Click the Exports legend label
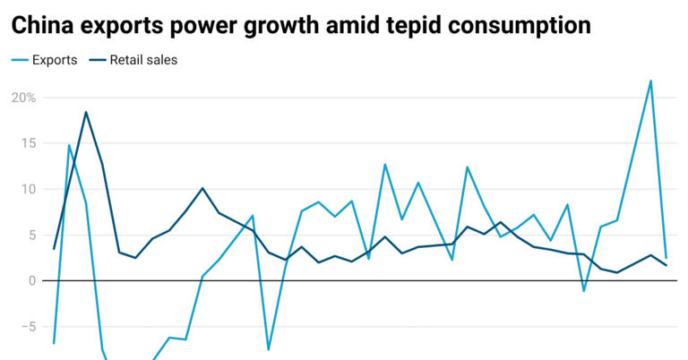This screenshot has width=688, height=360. point(55,61)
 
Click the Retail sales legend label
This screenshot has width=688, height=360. point(143,61)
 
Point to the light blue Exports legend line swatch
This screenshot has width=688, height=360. point(19,61)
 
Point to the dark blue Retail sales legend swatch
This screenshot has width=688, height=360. point(94,61)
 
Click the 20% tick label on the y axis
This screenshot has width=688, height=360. point(24,98)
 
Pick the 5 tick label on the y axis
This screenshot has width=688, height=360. point(31,236)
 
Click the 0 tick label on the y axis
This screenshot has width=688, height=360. point(31,281)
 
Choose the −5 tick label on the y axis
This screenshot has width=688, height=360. point(28,327)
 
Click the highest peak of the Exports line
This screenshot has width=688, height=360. point(650,81)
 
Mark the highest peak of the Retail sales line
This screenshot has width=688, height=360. point(86,112)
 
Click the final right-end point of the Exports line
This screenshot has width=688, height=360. point(666,258)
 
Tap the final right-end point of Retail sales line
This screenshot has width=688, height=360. point(666,265)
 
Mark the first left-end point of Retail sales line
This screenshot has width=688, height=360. point(54,249)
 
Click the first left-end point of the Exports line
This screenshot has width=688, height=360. point(54,343)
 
